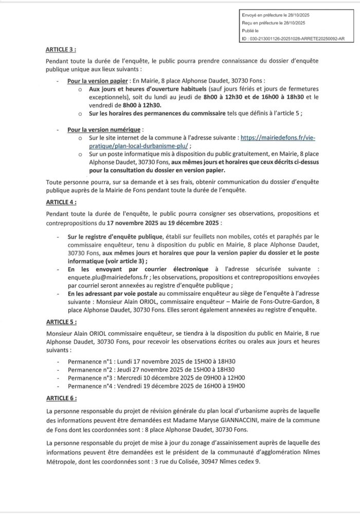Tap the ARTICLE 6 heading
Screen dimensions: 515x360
pos(61,398)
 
